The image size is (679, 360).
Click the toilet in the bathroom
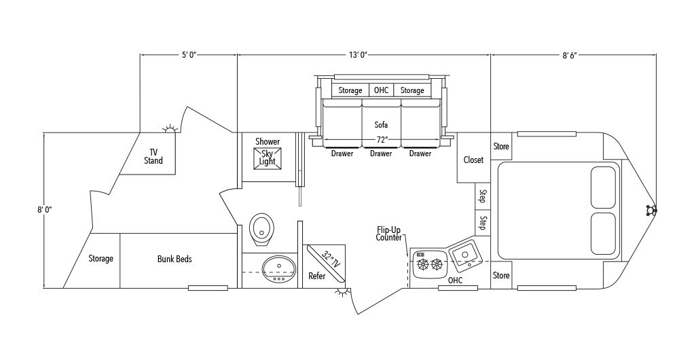262,229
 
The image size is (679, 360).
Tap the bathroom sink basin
278,270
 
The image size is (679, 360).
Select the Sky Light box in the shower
267,158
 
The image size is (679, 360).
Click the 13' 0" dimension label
358,55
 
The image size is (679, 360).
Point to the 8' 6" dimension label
570,55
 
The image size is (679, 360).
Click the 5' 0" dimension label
189,55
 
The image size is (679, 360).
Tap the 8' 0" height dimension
44,210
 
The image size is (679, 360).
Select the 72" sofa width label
381,140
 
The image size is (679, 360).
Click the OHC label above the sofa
381,90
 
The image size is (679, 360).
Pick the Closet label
473,160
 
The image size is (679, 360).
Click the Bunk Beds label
175,259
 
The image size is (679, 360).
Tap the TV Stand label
153,156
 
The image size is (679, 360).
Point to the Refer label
316,276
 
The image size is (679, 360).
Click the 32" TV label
331,259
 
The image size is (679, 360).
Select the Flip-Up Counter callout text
388,234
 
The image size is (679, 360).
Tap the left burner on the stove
422,264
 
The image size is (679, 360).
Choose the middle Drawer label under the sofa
381,154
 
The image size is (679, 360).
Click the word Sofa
381,125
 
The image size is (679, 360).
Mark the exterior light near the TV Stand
170,128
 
